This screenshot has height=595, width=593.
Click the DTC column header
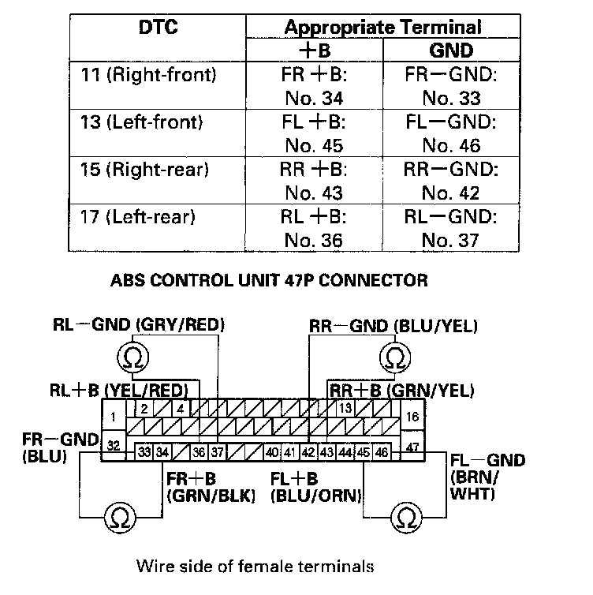click(x=158, y=28)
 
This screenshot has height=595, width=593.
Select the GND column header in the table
click(x=450, y=51)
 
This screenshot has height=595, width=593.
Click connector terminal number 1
click(x=114, y=416)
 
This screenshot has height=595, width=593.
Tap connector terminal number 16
click(x=412, y=416)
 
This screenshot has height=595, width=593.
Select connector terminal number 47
click(x=412, y=446)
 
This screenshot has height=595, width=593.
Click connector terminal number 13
click(x=345, y=408)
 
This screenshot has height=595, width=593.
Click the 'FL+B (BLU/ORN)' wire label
click(x=315, y=488)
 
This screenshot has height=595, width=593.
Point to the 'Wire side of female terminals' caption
click(x=253, y=565)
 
